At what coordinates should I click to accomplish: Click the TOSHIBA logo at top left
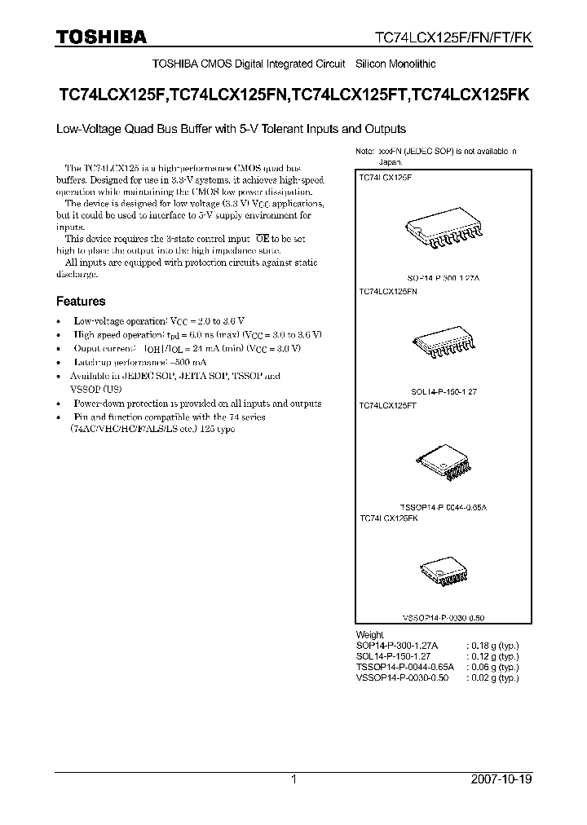tap(102, 36)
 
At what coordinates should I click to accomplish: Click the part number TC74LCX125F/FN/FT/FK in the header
tap(452, 37)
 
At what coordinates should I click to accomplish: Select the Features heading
tap(81, 301)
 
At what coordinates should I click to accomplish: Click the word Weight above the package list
tap(369, 634)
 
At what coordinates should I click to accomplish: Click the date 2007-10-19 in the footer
tap(501, 779)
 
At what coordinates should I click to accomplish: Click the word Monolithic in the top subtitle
tap(408, 64)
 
